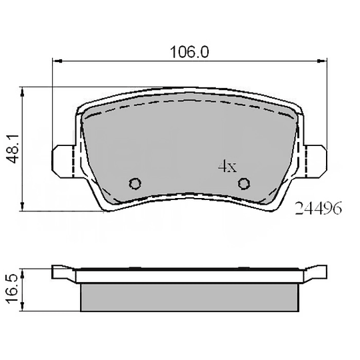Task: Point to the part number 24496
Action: coord(318,209)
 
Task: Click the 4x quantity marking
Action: coord(227,167)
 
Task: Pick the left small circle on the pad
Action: coord(135,183)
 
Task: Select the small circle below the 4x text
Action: coord(244,183)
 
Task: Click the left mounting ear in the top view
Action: coord(62,159)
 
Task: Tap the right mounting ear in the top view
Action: coord(317,159)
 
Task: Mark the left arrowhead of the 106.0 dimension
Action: coord(56,62)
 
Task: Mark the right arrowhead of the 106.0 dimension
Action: coord(324,62)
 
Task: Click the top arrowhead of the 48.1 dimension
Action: coord(24,89)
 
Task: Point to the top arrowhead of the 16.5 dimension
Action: coord(24,269)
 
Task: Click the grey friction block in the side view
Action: coord(190,297)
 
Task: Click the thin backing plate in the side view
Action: coord(190,276)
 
